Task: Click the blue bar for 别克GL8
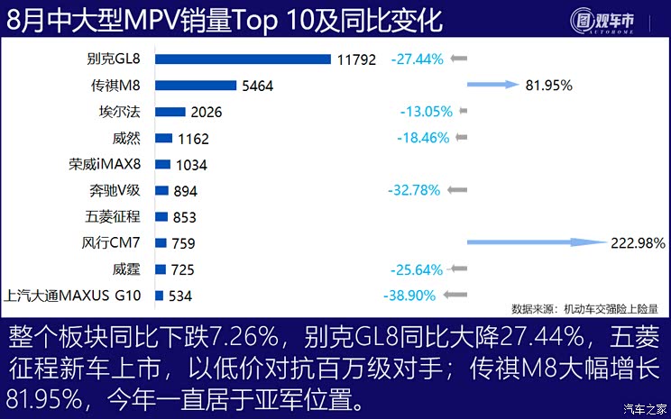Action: [x=244, y=59]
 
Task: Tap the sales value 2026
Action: [x=206, y=113]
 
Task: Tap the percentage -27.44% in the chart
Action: [x=417, y=59]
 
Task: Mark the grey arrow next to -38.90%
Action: [x=457, y=295]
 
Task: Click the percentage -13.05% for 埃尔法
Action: [x=426, y=112]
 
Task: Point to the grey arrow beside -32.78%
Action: [x=457, y=190]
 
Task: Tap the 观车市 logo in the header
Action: [x=614, y=22]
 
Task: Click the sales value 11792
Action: [x=357, y=60]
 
